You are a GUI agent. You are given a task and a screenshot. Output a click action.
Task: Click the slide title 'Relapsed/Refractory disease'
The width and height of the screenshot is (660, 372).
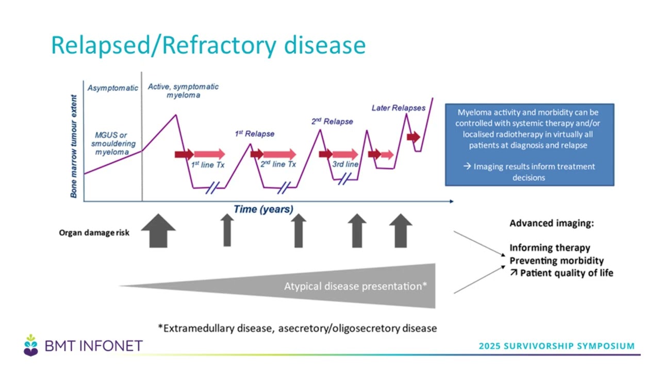(208, 45)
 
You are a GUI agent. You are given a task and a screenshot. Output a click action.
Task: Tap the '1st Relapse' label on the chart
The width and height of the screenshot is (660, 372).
(255, 134)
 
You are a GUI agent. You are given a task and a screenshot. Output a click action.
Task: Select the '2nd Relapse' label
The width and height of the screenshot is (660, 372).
(332, 121)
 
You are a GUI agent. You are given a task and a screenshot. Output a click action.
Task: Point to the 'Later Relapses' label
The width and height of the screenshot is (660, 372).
(399, 108)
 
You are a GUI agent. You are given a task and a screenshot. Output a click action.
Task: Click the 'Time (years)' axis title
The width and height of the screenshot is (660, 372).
(263, 209)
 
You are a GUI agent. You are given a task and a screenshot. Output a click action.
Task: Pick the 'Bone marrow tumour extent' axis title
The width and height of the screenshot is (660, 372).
(74, 146)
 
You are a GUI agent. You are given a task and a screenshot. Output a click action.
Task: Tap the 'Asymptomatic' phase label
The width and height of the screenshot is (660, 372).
(113, 88)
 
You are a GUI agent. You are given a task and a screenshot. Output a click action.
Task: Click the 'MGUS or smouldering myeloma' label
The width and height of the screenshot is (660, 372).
(113, 144)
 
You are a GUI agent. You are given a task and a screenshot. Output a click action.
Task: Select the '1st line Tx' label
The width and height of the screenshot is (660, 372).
(208, 164)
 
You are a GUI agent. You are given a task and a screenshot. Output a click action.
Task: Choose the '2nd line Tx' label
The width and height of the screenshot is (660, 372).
(278, 164)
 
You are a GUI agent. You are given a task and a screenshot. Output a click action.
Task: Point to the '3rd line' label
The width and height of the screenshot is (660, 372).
(345, 164)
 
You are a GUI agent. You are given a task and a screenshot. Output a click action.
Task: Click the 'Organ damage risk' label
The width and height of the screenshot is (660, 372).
(94, 233)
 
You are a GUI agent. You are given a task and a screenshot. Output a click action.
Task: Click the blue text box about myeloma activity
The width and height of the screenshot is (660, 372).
(529, 144)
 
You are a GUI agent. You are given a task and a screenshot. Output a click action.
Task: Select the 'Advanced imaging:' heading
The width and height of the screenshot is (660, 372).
(552, 224)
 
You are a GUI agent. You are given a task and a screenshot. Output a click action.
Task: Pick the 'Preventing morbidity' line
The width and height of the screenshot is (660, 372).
(556, 260)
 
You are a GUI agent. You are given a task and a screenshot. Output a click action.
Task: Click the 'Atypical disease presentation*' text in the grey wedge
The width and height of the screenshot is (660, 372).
(355, 286)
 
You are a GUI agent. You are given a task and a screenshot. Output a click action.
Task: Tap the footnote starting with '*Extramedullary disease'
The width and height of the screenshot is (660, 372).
(298, 328)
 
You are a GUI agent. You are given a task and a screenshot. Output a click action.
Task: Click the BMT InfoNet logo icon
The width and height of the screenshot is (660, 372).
(31, 345)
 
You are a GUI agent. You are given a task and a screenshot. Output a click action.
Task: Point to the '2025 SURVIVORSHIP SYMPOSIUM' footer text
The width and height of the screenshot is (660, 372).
(556, 346)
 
